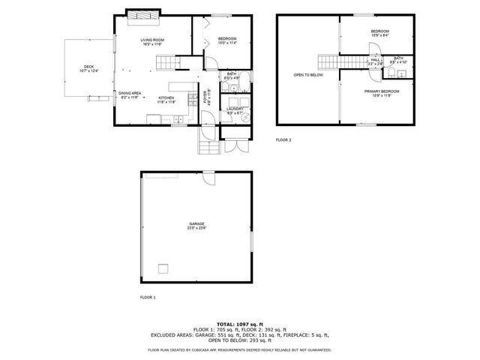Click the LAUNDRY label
click(x=235, y=109)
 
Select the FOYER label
click(x=207, y=97)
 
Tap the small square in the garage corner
click(x=163, y=268)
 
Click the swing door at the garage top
click(x=207, y=178)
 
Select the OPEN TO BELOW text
click(x=307, y=75)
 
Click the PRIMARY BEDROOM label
click(x=381, y=91)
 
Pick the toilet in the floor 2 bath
click(x=402, y=73)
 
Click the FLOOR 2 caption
click(x=283, y=139)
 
